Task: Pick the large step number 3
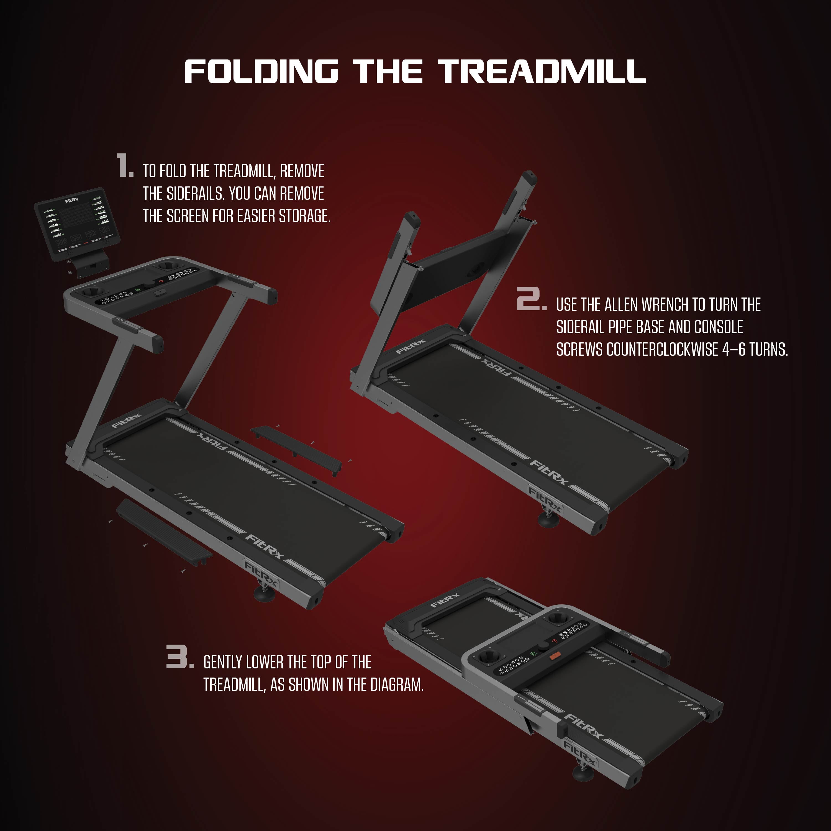pos(180,656)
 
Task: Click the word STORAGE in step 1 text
pos(305,216)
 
